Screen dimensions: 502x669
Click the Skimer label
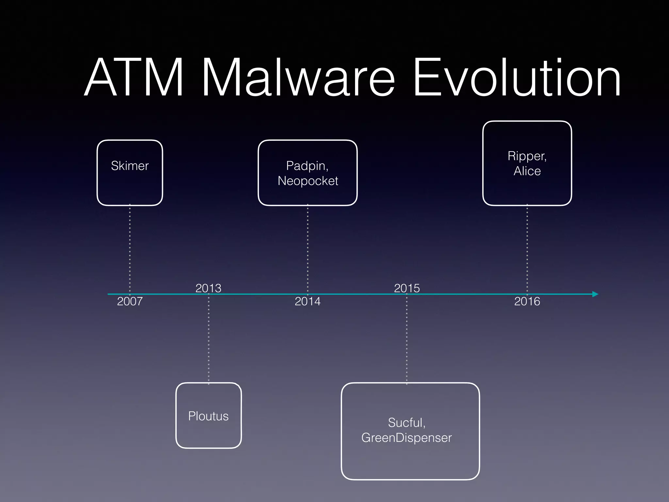[x=130, y=166]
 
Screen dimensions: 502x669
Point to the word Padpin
[x=307, y=166]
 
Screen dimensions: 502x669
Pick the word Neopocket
[x=308, y=181]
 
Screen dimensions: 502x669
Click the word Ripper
[x=527, y=156]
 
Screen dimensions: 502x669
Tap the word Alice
[x=527, y=171]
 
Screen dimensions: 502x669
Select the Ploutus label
[x=208, y=416]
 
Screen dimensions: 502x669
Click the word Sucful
[x=406, y=423]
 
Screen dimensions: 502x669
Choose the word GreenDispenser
[x=406, y=438]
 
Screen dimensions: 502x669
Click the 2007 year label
[x=130, y=301]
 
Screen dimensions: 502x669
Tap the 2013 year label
[x=208, y=288]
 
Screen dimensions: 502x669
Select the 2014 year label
[x=307, y=301]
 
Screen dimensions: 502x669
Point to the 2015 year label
[x=407, y=288]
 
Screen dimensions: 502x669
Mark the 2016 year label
[x=527, y=301]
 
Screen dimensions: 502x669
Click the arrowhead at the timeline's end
[x=595, y=294]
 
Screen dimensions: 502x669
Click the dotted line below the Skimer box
[x=130, y=248]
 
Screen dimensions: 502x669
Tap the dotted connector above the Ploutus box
[x=209, y=340]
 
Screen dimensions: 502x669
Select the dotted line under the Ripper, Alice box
[x=527, y=248]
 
